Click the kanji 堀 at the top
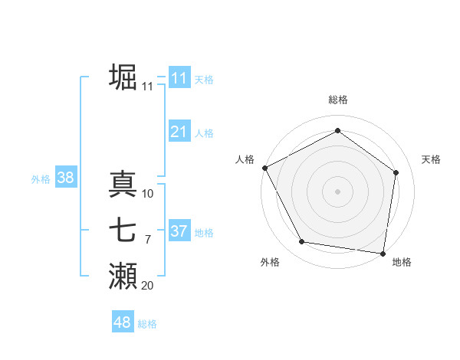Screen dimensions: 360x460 point(123,77)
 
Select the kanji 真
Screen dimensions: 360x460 point(123,184)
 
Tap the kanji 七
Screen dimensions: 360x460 point(123,231)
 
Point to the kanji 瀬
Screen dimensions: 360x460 point(123,277)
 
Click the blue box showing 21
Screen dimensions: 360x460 point(179,132)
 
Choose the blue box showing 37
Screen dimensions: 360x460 point(179,231)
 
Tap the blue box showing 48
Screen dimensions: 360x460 point(122,322)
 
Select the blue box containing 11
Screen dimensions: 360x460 point(179,78)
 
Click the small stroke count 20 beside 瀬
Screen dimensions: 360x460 point(147,286)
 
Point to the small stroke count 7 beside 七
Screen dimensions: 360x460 point(147,240)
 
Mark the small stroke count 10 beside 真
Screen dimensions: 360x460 point(148,194)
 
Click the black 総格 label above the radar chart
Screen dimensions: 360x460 point(337,100)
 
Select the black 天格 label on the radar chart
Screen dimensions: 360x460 point(431,159)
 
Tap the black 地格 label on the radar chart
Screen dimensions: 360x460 point(402,262)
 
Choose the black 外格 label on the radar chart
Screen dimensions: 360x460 point(270,262)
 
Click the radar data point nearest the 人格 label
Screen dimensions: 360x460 point(264,168)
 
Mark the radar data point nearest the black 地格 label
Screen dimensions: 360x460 point(383,253)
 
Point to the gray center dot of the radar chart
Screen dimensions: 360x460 point(337,191)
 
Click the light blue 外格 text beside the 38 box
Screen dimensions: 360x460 point(41,179)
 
